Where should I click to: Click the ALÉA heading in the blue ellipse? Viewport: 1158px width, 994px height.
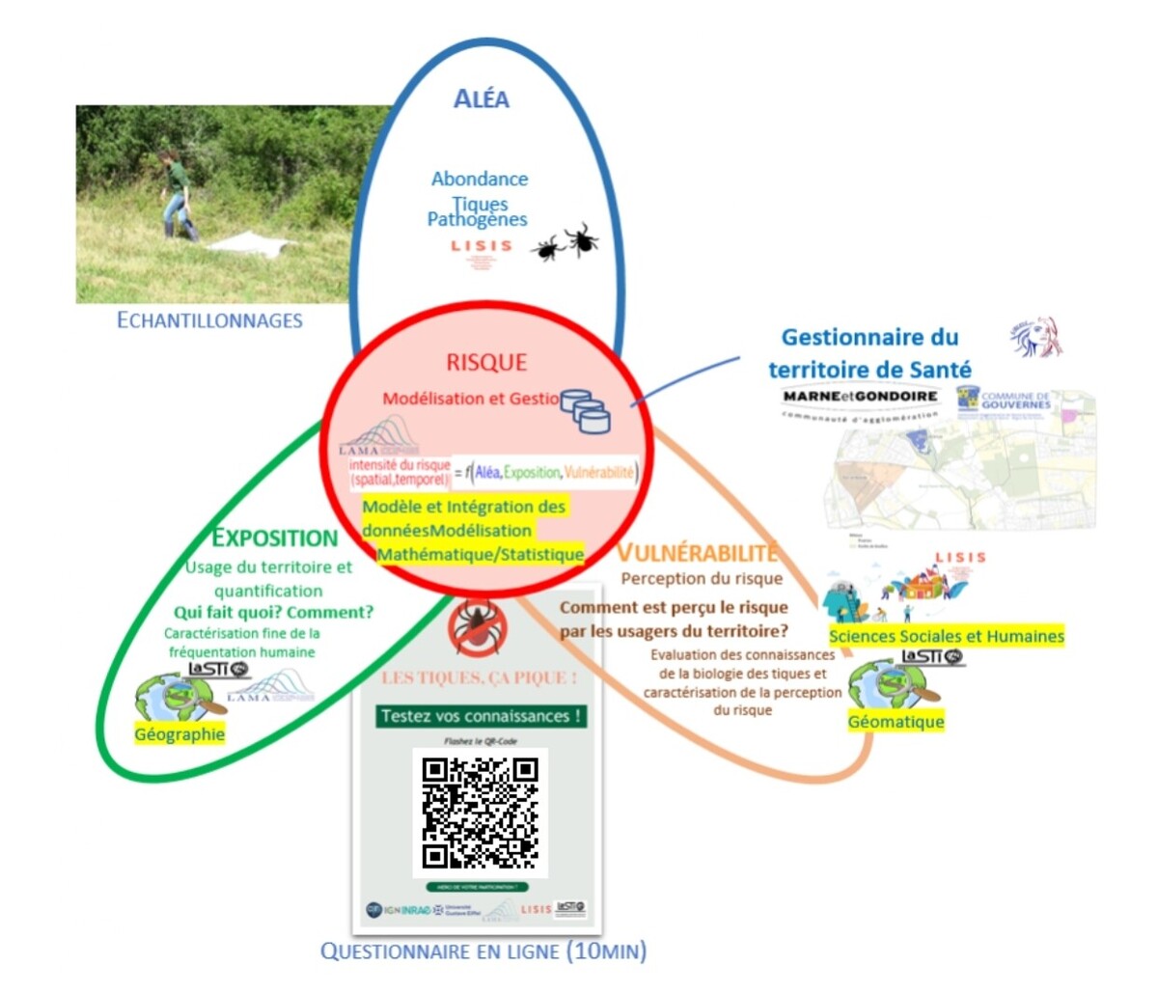coord(481,98)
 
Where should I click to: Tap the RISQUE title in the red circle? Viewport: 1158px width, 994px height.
coord(486,363)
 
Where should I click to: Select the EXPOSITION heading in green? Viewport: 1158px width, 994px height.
coord(275,538)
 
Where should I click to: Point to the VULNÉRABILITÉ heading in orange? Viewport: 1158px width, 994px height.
coord(697,552)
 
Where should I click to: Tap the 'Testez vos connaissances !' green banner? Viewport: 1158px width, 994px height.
coord(480,716)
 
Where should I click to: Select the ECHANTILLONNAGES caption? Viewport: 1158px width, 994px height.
coord(209,320)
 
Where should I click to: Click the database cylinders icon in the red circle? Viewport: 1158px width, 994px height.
coord(586,411)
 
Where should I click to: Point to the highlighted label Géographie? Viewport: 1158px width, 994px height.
coord(179,734)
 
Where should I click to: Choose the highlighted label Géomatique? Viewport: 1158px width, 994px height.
coord(896,722)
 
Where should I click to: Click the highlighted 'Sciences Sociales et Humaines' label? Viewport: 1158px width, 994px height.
coord(946,636)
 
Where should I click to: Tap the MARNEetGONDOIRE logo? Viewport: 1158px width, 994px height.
coord(860,397)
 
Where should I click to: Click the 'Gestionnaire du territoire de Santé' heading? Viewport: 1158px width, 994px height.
coord(869,353)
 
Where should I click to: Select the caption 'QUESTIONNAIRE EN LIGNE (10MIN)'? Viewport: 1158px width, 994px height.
coord(483,952)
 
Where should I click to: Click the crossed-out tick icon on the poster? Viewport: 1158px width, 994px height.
coord(478,627)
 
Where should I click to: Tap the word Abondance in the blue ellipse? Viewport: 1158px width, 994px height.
coord(480,179)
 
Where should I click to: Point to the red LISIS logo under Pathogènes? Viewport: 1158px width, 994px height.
coord(481,247)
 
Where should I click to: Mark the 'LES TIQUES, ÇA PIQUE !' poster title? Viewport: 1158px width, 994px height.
coord(479,677)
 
